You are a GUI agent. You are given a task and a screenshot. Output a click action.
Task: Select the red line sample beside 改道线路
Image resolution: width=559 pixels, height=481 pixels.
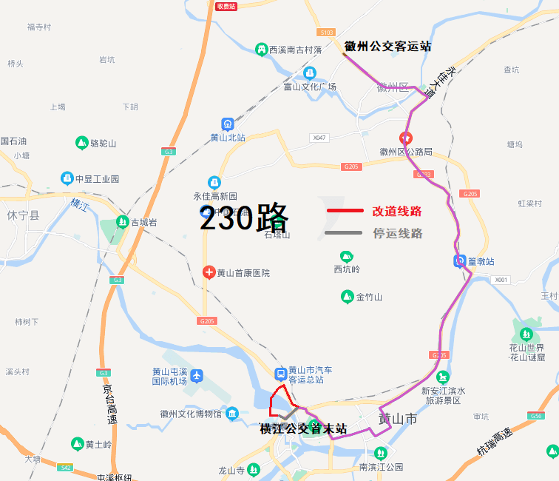[345, 212]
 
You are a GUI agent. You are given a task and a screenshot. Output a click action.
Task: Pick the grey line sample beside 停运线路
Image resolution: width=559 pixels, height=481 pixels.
[345, 234]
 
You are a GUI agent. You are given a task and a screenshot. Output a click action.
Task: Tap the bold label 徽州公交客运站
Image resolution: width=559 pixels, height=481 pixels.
[387, 47]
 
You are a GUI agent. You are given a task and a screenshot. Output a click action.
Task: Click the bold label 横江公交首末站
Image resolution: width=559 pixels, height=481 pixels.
[303, 428]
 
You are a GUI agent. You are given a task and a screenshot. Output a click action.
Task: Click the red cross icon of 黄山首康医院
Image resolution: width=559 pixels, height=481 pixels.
[209, 272]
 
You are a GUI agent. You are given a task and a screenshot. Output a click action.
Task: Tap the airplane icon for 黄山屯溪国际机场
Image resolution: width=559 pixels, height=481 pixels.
[197, 375]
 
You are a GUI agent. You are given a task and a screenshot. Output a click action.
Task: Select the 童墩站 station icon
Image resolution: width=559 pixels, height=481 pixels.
[459, 260]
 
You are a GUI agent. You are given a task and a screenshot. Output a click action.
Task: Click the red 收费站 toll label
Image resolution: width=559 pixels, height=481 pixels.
[226, 6]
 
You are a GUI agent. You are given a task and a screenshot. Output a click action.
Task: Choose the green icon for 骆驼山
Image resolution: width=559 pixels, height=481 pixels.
[81, 143]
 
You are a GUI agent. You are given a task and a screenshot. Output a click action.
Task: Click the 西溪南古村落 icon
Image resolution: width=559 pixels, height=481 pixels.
[261, 50]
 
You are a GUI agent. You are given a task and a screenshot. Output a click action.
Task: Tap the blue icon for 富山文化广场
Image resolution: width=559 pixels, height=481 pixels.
[310, 73]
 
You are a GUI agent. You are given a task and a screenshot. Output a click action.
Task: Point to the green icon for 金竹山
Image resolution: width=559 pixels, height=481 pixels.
[347, 297]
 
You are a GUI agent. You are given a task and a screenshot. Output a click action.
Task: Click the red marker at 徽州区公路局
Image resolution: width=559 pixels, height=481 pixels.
[405, 138]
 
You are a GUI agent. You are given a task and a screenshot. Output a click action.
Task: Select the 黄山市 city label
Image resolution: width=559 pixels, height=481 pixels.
[398, 420]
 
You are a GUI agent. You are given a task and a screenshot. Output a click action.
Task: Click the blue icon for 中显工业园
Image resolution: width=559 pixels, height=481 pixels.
[67, 178]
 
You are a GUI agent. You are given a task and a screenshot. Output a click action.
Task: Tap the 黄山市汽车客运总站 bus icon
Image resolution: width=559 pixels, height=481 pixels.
[280, 374]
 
